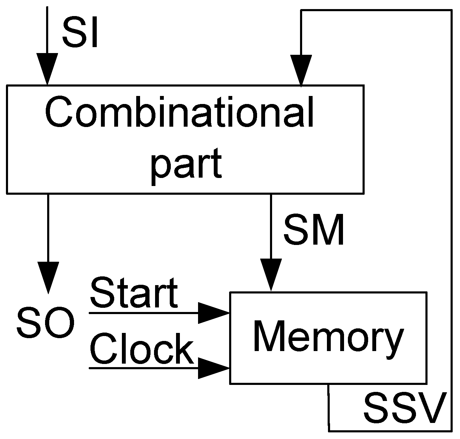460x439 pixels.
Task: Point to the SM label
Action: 314,231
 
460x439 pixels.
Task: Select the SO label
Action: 45,322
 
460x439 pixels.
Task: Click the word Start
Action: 134,293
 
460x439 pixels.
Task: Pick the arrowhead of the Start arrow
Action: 213,313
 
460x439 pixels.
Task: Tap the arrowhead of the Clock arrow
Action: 213,368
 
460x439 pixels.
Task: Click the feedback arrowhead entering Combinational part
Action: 301,70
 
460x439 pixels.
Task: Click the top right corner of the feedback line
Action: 452,11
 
